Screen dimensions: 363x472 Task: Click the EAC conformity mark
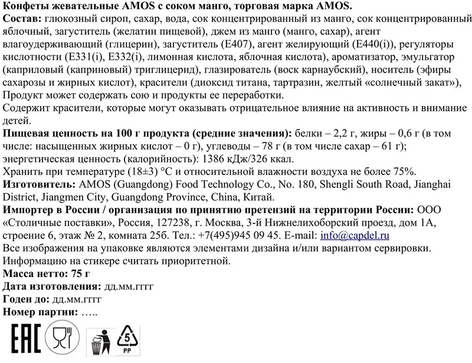(22, 340)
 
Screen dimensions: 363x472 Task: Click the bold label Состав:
(22, 19)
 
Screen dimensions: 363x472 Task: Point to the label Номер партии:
(40, 312)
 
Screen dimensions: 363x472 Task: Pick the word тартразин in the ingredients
(306, 84)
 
